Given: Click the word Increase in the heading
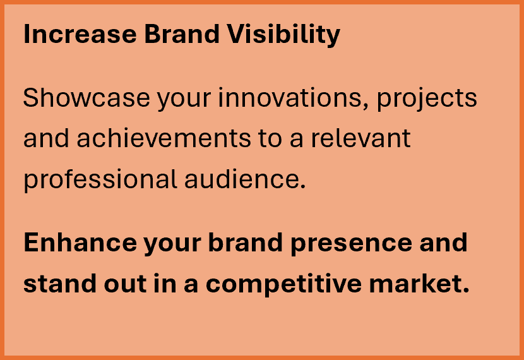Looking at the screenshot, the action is pyautogui.click(x=80, y=34).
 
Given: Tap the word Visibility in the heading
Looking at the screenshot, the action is pyautogui.click(x=283, y=35).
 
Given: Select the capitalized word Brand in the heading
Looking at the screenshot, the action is pyautogui.click(x=182, y=34).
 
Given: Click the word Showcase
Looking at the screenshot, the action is pyautogui.click(x=86, y=97).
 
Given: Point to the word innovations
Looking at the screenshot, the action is pyautogui.click(x=290, y=98).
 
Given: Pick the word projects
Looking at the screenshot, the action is pyautogui.click(x=427, y=99).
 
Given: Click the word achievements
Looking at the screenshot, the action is pyautogui.click(x=164, y=138).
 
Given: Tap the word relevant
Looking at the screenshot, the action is pyautogui.click(x=361, y=138).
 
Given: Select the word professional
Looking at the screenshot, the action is pyautogui.click(x=100, y=180).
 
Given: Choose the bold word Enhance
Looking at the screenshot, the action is pyautogui.click(x=80, y=243).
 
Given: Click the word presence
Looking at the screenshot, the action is pyautogui.click(x=351, y=244).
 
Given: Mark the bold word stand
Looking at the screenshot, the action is pyautogui.click(x=60, y=284).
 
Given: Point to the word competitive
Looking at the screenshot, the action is pyautogui.click(x=283, y=284).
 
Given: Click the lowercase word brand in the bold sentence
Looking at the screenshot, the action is pyautogui.click(x=246, y=243).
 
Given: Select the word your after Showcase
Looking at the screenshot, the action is pyautogui.click(x=184, y=100).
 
